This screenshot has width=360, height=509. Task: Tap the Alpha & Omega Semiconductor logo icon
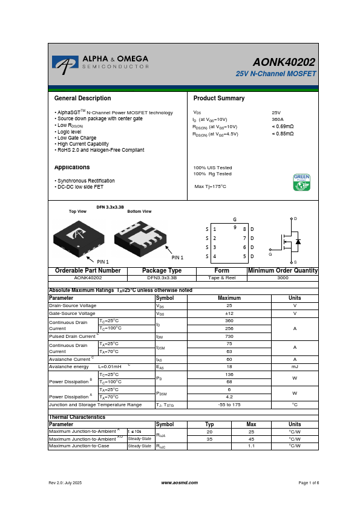click(65, 62)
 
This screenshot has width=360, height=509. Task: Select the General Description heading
click(82, 98)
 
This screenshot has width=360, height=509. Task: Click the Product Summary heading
click(219, 98)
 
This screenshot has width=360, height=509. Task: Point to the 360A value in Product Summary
click(278, 120)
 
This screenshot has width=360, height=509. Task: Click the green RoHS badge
click(301, 183)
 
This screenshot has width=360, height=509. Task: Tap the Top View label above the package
click(77, 212)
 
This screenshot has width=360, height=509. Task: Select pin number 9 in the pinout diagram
click(235, 227)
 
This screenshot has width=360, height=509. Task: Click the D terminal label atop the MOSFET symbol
click(295, 218)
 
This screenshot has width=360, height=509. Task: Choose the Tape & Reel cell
click(222, 278)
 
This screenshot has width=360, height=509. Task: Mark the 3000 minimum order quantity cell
click(283, 278)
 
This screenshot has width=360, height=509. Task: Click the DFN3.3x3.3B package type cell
click(162, 278)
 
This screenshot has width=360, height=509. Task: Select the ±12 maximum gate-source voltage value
click(229, 314)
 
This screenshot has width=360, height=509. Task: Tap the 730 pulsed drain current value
click(229, 336)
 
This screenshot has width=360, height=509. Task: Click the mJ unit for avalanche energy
click(295, 366)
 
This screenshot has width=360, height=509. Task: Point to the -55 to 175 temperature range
click(229, 404)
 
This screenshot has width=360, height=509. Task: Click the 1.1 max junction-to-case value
click(250, 446)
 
